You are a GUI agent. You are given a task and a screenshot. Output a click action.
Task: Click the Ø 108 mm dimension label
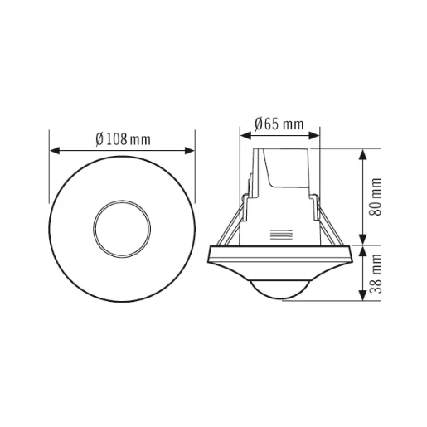pyautogui.click(x=123, y=139)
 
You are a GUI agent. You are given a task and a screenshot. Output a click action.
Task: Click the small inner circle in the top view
pyautogui.click(x=123, y=225)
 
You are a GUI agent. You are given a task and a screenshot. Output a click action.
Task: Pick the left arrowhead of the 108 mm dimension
pyautogui.click(x=56, y=151)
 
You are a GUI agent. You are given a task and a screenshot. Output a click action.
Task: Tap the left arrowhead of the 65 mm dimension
pyautogui.click(x=244, y=136)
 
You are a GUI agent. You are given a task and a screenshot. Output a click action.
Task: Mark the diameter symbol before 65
pyautogui.click(x=260, y=124)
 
